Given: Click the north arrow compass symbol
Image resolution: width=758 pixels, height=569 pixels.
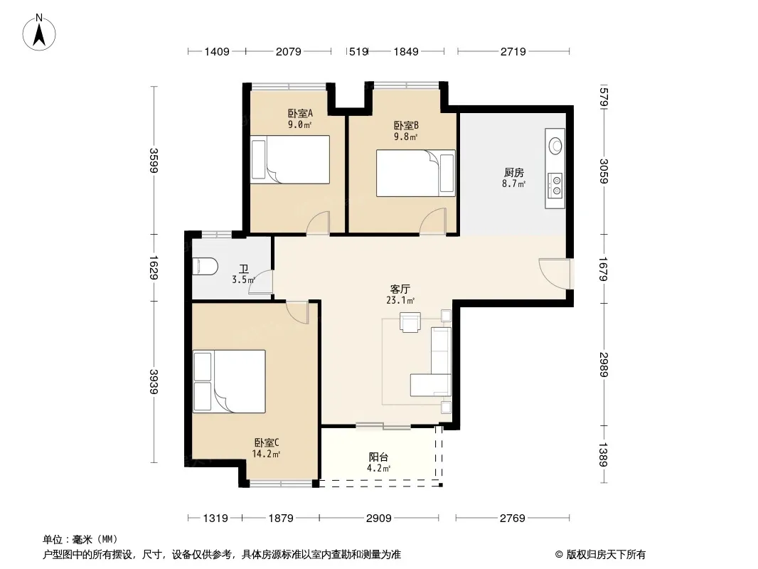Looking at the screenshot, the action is [x=38, y=33].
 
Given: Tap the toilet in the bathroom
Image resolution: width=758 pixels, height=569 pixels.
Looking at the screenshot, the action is [x=205, y=267].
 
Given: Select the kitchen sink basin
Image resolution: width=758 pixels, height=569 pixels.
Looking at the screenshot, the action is [x=555, y=145].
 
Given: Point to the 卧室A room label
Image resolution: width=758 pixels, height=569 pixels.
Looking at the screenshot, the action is [x=300, y=114].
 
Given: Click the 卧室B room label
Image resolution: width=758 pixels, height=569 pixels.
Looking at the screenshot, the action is [x=406, y=126].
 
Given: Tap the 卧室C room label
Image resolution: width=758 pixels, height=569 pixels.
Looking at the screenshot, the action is [x=267, y=443].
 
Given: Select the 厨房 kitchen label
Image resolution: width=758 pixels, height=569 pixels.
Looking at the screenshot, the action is [x=513, y=173].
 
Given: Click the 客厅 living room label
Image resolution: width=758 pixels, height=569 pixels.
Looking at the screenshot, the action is [x=400, y=289].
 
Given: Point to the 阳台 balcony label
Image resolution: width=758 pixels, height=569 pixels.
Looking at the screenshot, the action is [x=378, y=457].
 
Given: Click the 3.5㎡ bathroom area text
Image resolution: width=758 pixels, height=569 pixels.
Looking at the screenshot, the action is [x=243, y=280].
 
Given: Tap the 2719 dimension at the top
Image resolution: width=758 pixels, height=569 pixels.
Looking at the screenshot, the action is [x=513, y=52].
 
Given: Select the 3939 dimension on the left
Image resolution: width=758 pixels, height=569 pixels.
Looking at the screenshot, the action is [x=154, y=381].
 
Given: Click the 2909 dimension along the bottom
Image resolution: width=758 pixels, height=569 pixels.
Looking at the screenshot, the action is [x=378, y=519].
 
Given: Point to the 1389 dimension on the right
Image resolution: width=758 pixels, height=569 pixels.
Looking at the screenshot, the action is [x=603, y=454].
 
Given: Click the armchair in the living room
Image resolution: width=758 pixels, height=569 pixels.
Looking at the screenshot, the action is [x=410, y=322].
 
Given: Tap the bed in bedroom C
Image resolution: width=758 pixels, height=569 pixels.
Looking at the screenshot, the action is [x=229, y=381].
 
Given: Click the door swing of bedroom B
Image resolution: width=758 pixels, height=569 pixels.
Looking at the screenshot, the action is [x=432, y=222].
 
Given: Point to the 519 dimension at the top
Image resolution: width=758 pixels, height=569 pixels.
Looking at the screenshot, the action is [x=358, y=52].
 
